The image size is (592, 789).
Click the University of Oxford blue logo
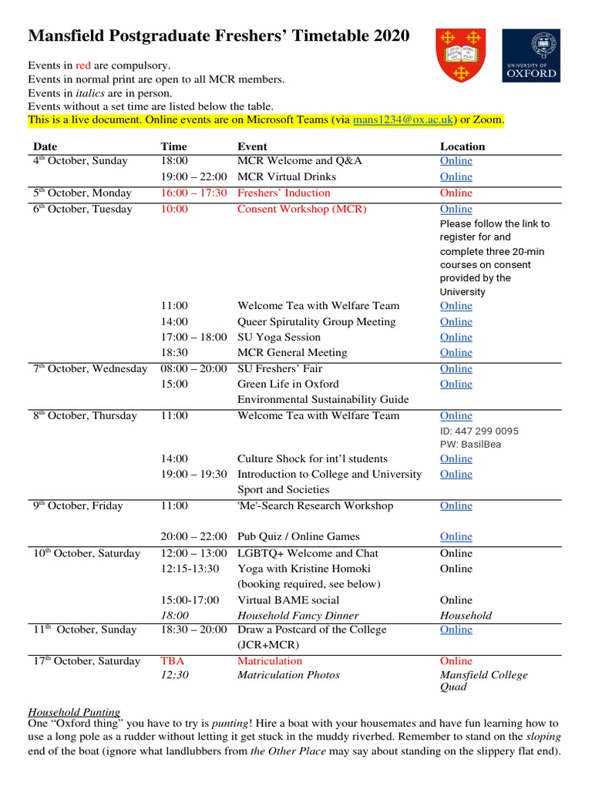[x=531, y=55]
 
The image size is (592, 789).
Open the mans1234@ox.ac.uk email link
[x=404, y=120]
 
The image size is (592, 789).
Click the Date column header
[x=45, y=146]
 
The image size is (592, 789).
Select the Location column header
[x=462, y=146]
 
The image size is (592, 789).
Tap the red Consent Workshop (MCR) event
[x=301, y=209]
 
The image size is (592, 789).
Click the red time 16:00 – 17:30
[x=193, y=193]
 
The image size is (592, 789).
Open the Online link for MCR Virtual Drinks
[x=456, y=176]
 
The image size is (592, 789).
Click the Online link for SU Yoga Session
[x=456, y=337]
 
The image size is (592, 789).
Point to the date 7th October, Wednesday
[x=89, y=368]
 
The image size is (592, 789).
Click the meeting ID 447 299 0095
[x=479, y=431]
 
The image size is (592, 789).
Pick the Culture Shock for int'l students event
[x=312, y=458]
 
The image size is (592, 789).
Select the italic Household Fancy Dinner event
[x=298, y=615]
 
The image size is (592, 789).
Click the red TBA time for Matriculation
[x=173, y=660]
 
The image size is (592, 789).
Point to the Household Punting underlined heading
[x=74, y=712]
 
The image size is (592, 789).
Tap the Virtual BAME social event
[x=288, y=599]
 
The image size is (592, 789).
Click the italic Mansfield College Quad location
[x=483, y=680]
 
